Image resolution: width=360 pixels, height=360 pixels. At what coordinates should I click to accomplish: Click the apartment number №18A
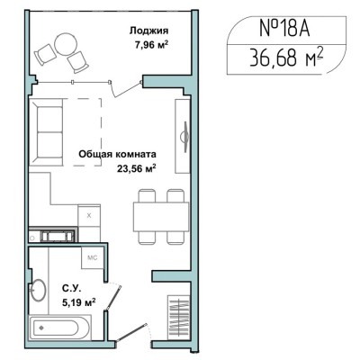284,29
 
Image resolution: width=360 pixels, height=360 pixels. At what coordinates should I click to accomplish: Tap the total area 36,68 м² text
286,58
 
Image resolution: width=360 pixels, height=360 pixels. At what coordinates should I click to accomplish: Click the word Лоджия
148,31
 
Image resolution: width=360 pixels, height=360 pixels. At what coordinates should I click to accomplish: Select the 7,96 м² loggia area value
151,46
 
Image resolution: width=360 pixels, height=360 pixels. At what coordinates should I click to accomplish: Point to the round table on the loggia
66,44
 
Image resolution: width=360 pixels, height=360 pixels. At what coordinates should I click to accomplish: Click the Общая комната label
117,155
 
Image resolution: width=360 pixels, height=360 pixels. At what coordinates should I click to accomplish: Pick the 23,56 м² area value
137,168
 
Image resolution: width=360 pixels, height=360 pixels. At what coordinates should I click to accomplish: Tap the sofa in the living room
46,131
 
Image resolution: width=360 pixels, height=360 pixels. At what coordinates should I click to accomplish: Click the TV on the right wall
185,136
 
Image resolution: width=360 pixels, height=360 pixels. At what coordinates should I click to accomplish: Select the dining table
161,217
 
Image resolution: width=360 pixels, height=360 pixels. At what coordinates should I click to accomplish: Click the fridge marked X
89,216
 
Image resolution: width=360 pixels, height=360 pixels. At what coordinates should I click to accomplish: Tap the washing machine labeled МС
92,257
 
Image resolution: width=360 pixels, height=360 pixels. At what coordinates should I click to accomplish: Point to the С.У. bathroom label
71,289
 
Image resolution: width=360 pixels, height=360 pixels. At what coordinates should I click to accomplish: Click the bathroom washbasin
38,290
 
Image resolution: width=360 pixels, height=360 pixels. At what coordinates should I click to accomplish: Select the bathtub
59,328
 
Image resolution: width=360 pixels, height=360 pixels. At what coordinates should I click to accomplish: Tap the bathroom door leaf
114,297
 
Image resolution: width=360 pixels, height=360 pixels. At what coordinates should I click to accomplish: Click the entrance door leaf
131,333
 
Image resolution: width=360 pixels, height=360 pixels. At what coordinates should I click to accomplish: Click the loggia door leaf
126,89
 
